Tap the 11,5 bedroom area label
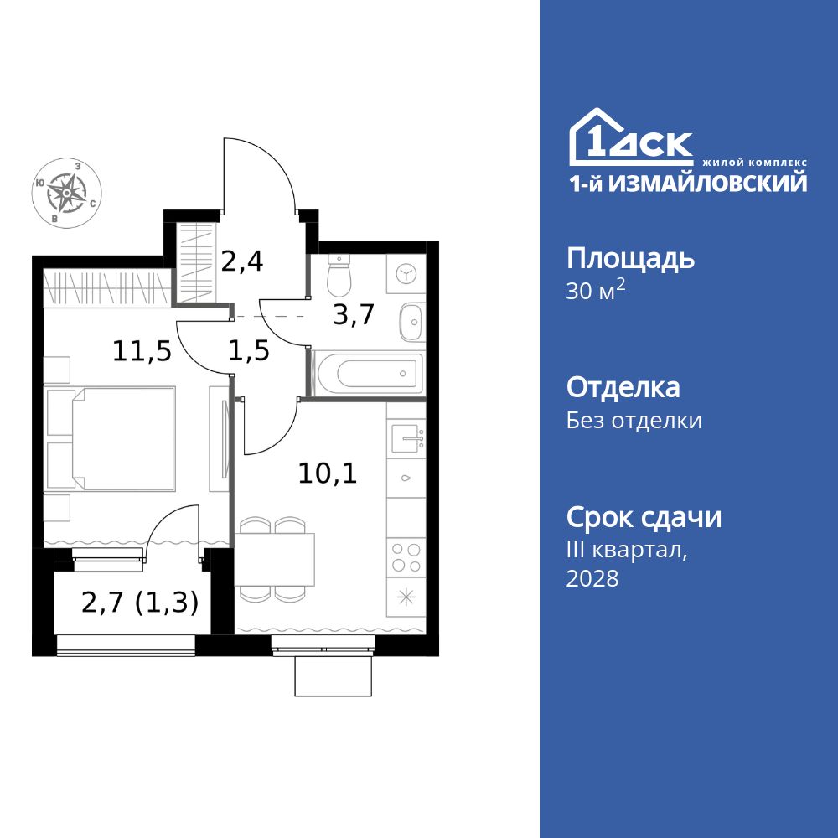click(142, 351)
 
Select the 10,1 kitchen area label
click(328, 474)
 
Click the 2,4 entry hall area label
click(242, 262)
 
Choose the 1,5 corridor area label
click(249, 351)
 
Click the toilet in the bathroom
click(339, 270)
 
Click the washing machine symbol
click(406, 274)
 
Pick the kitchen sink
click(407, 437)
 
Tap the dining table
click(275, 559)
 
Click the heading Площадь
click(630, 259)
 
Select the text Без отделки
click(634, 421)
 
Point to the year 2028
click(592, 578)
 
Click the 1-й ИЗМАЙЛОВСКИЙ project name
click(688, 183)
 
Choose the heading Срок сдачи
click(644, 518)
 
